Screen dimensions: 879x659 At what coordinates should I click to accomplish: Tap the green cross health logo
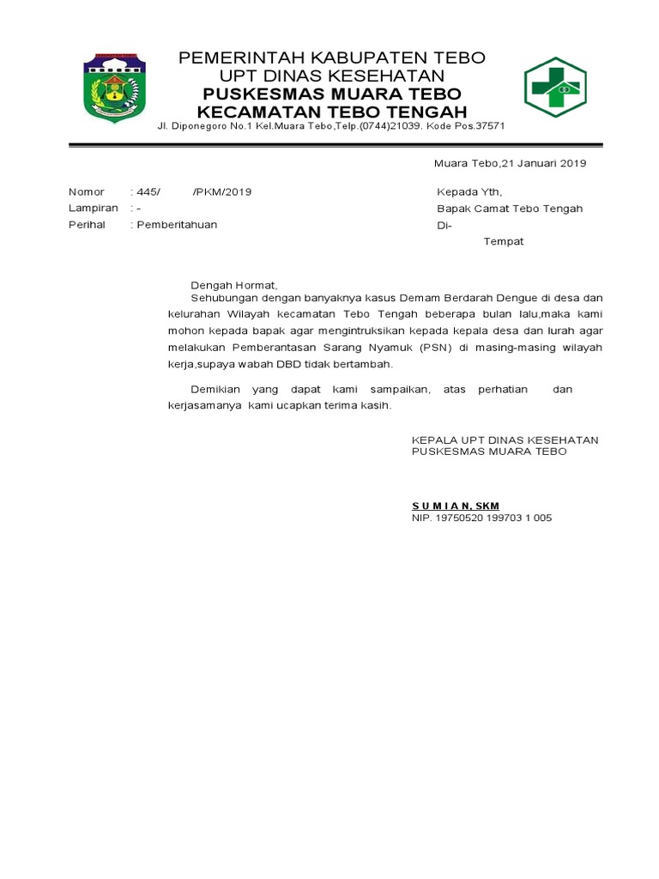(x=554, y=88)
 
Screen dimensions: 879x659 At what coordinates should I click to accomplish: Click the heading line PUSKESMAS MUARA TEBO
(x=331, y=94)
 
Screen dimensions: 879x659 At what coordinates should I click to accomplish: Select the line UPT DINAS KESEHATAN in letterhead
(x=331, y=76)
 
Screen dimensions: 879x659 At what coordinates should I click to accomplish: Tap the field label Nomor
(x=87, y=192)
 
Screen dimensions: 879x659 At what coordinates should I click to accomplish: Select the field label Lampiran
(x=94, y=209)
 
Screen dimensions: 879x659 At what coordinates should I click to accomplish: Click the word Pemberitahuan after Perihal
(x=177, y=225)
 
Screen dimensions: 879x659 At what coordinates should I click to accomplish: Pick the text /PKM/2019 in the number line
(x=222, y=192)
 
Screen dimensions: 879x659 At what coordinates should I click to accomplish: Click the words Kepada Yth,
(x=469, y=192)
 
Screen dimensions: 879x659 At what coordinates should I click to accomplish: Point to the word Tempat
(x=504, y=242)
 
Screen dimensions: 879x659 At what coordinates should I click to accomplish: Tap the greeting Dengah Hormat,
(x=234, y=284)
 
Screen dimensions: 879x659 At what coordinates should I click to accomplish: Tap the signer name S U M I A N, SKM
(x=456, y=506)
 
